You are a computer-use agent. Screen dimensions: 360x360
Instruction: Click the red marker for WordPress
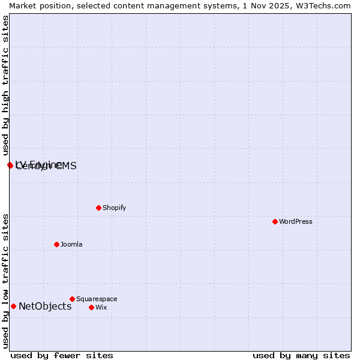(275, 221)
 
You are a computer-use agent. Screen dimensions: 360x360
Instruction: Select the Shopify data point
(98, 208)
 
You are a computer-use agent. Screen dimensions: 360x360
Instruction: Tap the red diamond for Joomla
(56, 244)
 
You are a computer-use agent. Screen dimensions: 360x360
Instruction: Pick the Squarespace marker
(72, 299)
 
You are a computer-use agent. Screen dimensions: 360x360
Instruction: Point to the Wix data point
(91, 307)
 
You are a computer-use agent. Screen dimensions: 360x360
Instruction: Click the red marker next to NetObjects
(13, 306)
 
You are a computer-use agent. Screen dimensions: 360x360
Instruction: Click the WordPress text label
(296, 221)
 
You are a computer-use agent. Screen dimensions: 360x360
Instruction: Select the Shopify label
(114, 208)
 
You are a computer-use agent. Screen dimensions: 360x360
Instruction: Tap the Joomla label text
(71, 244)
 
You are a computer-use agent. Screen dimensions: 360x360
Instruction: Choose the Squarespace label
(97, 299)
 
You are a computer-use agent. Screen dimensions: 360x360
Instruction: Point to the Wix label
(101, 307)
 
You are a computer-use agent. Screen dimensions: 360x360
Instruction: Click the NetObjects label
(45, 306)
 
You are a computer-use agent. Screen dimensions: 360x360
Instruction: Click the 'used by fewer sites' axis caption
(62, 355)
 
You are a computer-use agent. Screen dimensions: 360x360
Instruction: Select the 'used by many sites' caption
(301, 355)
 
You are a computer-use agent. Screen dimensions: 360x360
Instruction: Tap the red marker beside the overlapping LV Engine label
(10, 165)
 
